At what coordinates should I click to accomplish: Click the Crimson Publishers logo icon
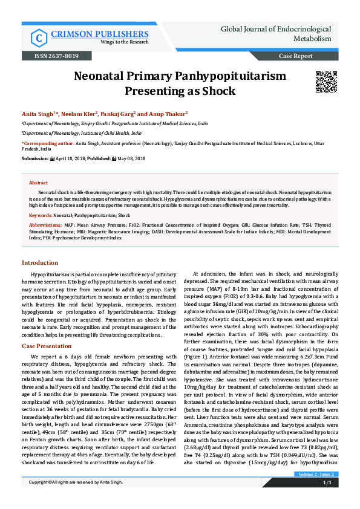tap(39, 38)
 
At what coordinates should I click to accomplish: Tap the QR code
tap(326, 82)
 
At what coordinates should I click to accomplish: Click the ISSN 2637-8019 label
tap(52, 56)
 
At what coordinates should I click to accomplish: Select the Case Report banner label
tap(295, 56)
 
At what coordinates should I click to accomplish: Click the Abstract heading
tap(38, 182)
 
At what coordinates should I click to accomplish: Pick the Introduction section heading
tap(40, 263)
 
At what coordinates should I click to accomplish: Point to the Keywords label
tap(40, 215)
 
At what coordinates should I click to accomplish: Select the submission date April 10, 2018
tap(71, 158)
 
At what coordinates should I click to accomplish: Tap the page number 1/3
tap(327, 501)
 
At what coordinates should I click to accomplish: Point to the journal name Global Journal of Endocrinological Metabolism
tap(275, 33)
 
